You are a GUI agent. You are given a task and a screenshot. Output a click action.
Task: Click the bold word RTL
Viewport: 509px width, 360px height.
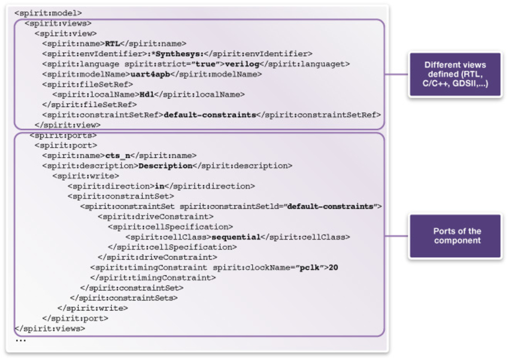[112, 44]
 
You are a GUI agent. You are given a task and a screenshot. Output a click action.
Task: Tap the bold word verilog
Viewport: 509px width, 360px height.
[244, 64]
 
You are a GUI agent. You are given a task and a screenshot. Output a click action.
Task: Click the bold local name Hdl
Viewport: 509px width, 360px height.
[146, 95]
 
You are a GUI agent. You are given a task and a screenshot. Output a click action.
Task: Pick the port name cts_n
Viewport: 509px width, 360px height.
[117, 156]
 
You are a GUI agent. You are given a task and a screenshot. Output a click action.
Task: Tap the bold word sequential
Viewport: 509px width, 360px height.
[236, 237]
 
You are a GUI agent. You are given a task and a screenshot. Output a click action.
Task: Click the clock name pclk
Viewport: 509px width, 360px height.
[308, 268]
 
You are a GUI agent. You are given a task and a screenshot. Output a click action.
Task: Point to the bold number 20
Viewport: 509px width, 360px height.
[334, 268]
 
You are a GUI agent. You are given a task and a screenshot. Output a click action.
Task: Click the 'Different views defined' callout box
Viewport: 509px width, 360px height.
[455, 74]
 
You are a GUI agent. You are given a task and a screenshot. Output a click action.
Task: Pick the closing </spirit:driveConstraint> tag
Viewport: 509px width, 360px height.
[157, 258]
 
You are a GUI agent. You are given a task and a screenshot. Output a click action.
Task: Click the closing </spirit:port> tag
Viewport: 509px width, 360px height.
[75, 318]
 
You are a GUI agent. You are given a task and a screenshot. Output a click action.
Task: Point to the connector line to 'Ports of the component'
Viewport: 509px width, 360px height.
[396, 236]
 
